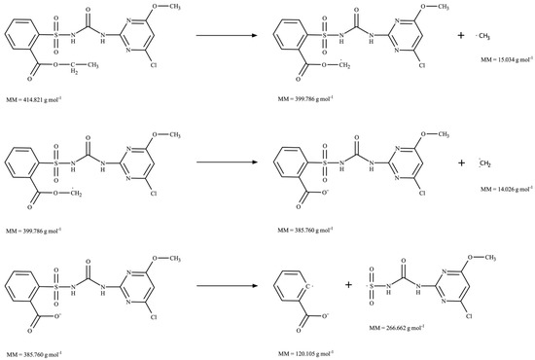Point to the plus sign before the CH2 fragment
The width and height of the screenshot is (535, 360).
click(461, 162)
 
